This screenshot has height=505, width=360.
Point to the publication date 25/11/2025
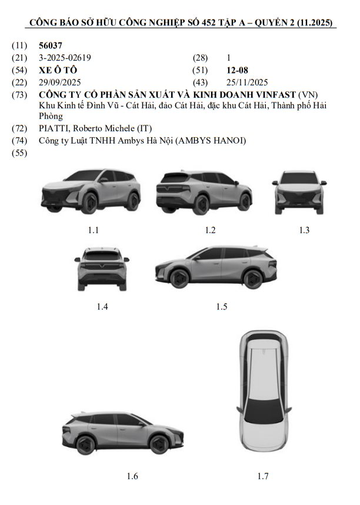[247, 82]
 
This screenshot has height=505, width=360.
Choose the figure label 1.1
[94, 230]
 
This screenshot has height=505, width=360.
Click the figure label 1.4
[102, 306]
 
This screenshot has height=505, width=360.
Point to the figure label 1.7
[263, 476]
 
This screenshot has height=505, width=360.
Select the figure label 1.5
[221, 306]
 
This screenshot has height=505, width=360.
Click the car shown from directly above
[262, 392]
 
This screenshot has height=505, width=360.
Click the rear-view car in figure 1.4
[102, 269]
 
